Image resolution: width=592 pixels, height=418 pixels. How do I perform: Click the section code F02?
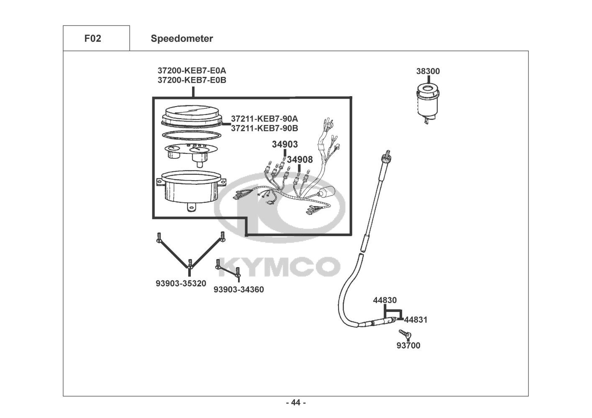(x=92, y=38)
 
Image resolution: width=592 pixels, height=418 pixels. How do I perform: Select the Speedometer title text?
(x=182, y=38)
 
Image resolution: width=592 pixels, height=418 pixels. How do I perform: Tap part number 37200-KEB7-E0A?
(x=192, y=71)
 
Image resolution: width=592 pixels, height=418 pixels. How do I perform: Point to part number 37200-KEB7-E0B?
(x=192, y=80)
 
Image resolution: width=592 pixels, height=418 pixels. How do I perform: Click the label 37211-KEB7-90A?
(x=264, y=119)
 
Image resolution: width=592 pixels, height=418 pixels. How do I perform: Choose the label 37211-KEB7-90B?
(x=264, y=128)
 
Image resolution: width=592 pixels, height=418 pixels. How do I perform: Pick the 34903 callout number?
(x=285, y=144)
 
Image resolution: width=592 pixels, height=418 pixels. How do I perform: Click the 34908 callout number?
(x=300, y=160)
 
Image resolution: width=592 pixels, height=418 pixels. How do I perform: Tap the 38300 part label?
(x=428, y=71)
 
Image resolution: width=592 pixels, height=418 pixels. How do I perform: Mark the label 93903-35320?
(x=181, y=283)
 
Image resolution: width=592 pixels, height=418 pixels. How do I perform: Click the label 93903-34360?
(x=238, y=289)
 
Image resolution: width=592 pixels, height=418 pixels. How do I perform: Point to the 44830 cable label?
(x=385, y=300)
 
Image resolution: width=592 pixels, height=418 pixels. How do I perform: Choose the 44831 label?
(x=416, y=319)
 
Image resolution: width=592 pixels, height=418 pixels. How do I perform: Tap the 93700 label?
(x=408, y=345)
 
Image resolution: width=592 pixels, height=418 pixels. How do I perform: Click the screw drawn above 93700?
(x=405, y=334)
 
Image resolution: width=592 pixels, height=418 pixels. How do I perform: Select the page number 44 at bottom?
(x=296, y=403)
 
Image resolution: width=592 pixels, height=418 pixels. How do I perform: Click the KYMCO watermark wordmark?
(x=279, y=267)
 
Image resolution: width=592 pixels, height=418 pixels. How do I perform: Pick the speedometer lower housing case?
(x=191, y=190)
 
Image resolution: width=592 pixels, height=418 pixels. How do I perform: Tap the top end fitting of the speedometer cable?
(x=387, y=156)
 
